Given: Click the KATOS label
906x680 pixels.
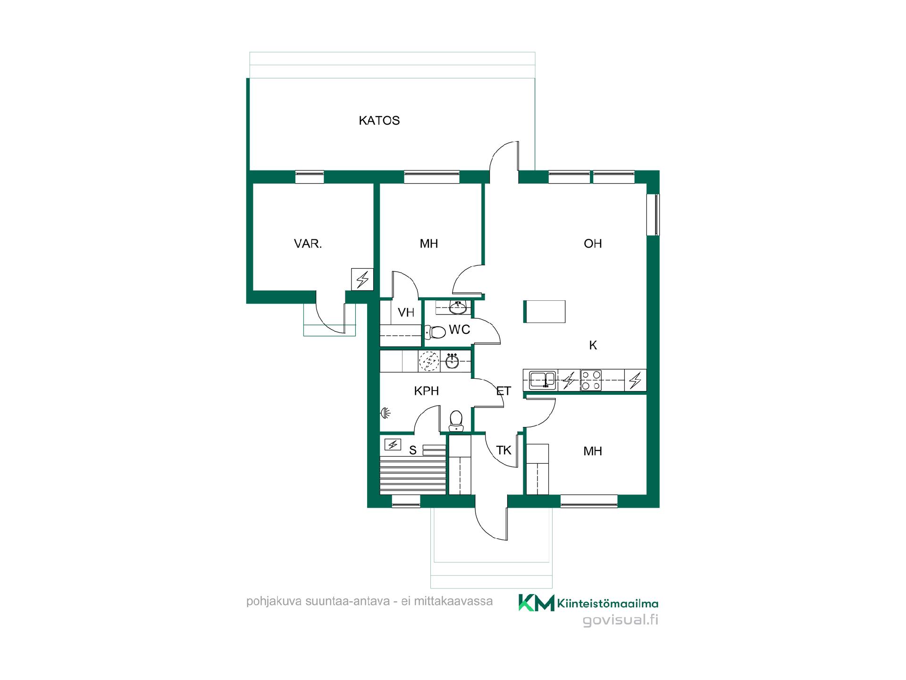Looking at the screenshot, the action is [x=379, y=120].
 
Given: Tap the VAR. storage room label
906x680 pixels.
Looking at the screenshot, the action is [x=308, y=244].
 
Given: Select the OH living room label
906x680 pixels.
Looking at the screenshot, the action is [x=593, y=244].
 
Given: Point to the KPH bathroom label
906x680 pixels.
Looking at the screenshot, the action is [x=426, y=391].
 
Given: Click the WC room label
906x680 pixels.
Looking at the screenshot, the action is [x=459, y=330].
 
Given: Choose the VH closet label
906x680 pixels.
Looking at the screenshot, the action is [x=406, y=313].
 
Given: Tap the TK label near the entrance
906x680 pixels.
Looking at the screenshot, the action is [x=503, y=450].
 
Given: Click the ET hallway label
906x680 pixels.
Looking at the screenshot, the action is [x=503, y=391].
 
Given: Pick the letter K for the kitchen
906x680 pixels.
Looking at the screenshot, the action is [x=593, y=346].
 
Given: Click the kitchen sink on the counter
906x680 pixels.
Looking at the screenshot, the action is [x=543, y=380].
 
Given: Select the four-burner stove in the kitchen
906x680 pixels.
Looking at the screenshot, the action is [x=591, y=380].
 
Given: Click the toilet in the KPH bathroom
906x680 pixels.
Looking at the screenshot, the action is [x=456, y=421].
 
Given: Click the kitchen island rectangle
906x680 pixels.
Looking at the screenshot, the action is [x=545, y=312].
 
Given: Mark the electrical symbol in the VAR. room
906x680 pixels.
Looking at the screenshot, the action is [x=362, y=279].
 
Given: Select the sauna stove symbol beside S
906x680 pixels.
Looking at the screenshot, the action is [x=393, y=444].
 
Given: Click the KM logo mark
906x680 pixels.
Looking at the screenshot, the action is [x=537, y=603].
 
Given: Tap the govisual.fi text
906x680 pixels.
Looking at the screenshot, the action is [x=621, y=620].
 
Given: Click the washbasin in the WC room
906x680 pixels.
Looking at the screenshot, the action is [x=458, y=308].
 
